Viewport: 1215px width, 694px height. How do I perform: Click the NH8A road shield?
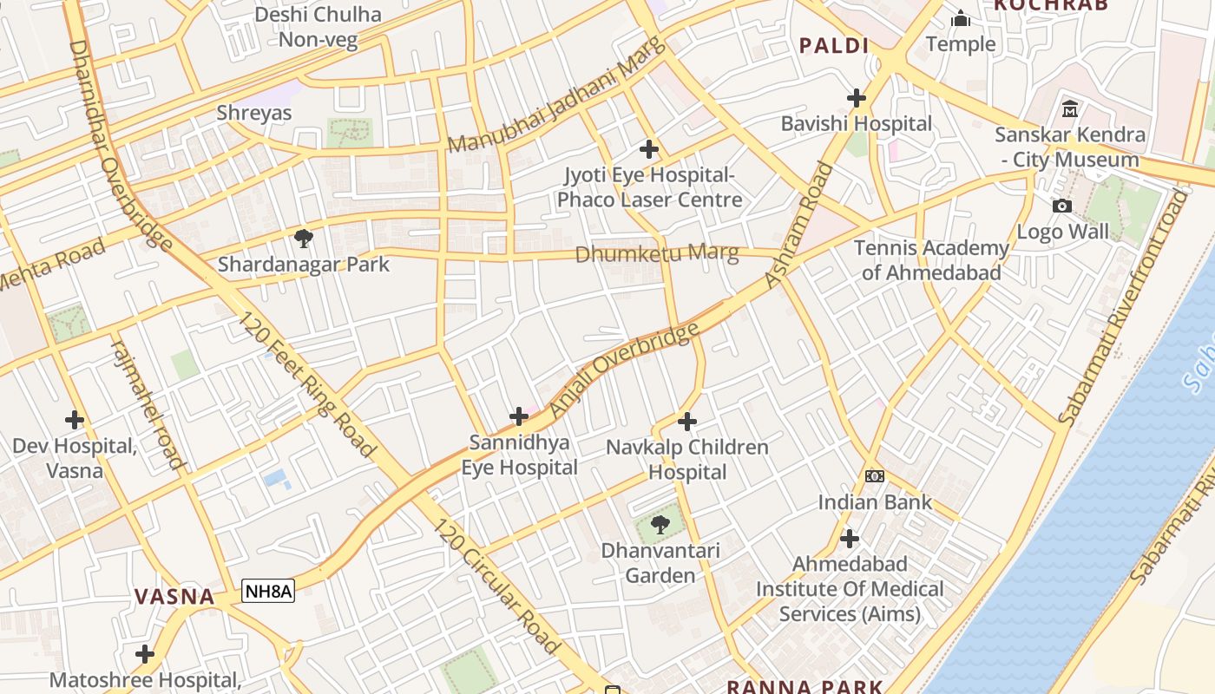pos(268,592)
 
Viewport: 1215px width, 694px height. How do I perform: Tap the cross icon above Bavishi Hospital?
pos(857,98)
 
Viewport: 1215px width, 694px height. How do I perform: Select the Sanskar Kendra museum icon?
pos(1069,109)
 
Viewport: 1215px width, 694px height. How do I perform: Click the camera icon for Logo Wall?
pos(1061,206)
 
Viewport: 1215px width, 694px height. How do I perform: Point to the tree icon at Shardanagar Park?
pos(303,239)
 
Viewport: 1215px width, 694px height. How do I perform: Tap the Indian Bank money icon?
pos(875,476)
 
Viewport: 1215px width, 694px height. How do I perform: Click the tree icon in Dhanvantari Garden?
pos(660,524)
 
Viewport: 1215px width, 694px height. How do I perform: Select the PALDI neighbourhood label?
pos(834,45)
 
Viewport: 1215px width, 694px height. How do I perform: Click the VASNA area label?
pos(174,597)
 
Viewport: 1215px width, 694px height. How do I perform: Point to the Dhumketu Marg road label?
pos(657,254)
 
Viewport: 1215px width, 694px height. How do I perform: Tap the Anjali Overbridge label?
pos(625,368)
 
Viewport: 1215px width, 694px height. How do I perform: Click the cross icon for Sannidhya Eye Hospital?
pos(519,416)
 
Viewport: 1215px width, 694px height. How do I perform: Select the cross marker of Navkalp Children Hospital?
pos(687,422)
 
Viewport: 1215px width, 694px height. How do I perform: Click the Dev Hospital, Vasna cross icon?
pos(75,420)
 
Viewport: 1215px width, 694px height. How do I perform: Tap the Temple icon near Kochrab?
pos(961,18)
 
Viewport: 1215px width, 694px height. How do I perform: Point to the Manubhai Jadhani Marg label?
pos(556,97)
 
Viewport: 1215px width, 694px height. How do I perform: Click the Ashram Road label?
pos(799,226)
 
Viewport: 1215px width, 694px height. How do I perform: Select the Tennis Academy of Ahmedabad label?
pos(931,260)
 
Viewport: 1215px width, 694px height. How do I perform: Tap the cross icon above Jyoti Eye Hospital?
pos(648,149)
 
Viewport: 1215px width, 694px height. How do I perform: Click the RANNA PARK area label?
pos(805,686)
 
